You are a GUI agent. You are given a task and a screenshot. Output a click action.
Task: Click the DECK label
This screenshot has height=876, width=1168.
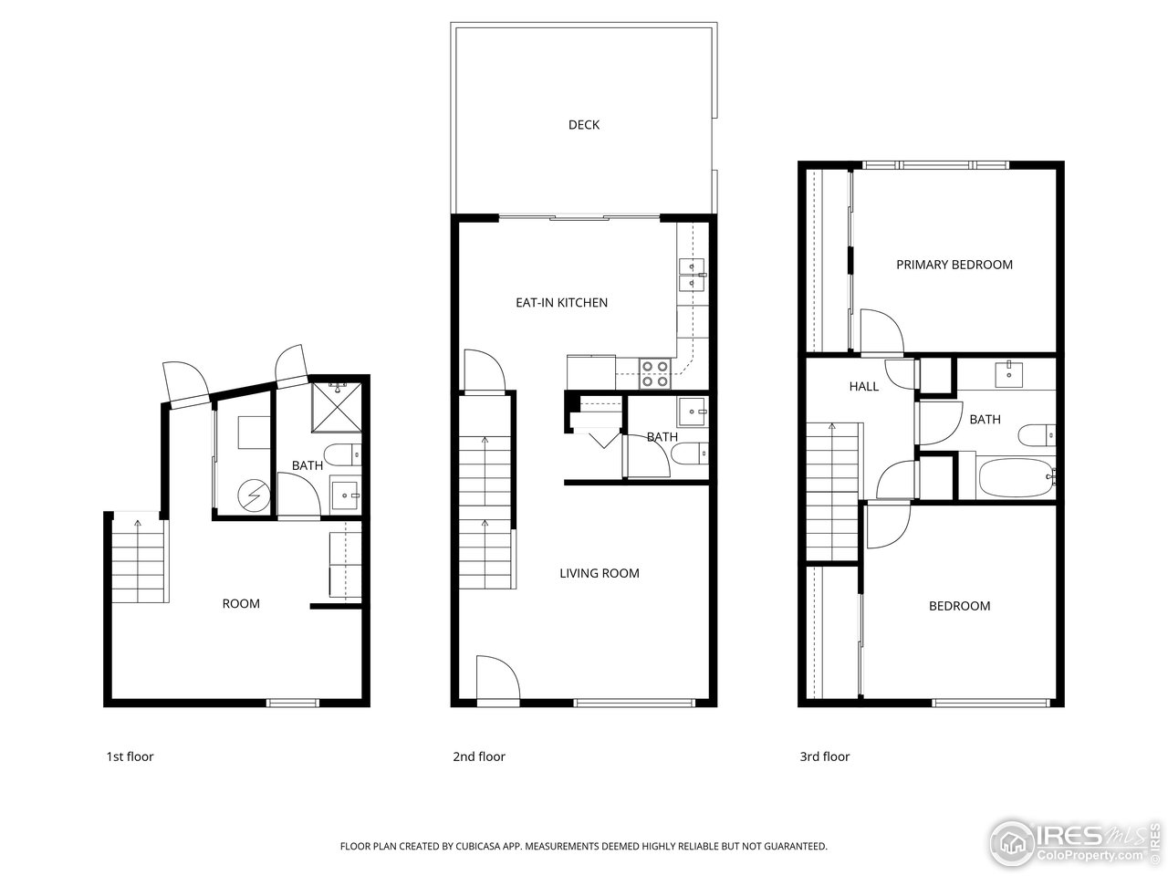point(584,125)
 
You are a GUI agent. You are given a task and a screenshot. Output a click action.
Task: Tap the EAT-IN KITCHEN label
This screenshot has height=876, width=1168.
point(561,303)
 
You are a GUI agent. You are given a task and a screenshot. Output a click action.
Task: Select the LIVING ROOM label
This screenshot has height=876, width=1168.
point(599,574)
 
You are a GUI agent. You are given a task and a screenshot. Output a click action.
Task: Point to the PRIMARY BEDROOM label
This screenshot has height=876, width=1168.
point(954,266)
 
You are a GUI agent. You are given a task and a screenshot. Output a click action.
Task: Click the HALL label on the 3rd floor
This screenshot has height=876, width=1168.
point(863,387)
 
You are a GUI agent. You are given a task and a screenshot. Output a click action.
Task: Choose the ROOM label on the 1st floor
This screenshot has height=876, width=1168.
point(241,604)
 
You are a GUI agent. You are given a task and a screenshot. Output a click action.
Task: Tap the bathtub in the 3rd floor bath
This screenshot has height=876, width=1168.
point(1013,477)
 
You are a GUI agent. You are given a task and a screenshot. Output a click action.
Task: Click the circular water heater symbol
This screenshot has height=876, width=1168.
point(250,495)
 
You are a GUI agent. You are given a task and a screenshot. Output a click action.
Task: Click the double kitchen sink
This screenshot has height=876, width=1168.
point(691,274)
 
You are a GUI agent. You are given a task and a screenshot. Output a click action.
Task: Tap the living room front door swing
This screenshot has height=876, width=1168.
point(497,680)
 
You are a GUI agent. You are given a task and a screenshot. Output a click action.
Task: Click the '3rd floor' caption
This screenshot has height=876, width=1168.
point(824,756)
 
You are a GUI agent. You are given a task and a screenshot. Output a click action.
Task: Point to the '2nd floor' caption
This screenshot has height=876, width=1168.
point(478,756)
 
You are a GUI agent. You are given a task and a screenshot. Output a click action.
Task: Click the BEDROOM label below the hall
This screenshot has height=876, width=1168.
point(959,607)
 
